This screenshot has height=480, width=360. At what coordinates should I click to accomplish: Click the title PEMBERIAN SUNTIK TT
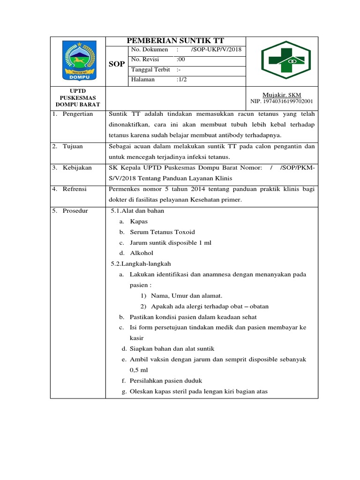pyautogui.click(x=175, y=41)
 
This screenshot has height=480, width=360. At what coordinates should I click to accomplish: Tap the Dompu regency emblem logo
pyautogui.click(x=78, y=60)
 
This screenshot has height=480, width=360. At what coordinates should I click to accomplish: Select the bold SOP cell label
pyautogui.click(x=117, y=64)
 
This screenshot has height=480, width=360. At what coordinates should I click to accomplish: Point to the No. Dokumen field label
pyautogui.click(x=150, y=50)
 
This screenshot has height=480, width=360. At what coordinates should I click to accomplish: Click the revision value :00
pyautogui.click(x=181, y=60)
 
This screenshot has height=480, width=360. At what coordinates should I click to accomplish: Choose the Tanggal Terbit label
pyautogui.click(x=150, y=69)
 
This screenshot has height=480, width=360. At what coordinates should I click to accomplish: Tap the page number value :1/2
pyautogui.click(x=182, y=80)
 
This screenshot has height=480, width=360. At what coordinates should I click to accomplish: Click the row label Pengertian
pyautogui.click(x=78, y=114)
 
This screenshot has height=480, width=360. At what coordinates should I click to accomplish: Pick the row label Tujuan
pyautogui.click(x=73, y=146)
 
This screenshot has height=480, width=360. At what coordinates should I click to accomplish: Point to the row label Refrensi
pyautogui.click(x=76, y=189)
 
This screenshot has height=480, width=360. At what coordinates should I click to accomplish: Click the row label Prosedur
pyautogui.click(x=75, y=210)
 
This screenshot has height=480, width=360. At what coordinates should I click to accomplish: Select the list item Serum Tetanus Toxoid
pyautogui.click(x=162, y=232)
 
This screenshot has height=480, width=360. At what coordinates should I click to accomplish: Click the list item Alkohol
pyautogui.click(x=142, y=253)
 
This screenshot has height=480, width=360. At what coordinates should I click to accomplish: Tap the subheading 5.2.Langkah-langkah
pyautogui.click(x=141, y=264)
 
